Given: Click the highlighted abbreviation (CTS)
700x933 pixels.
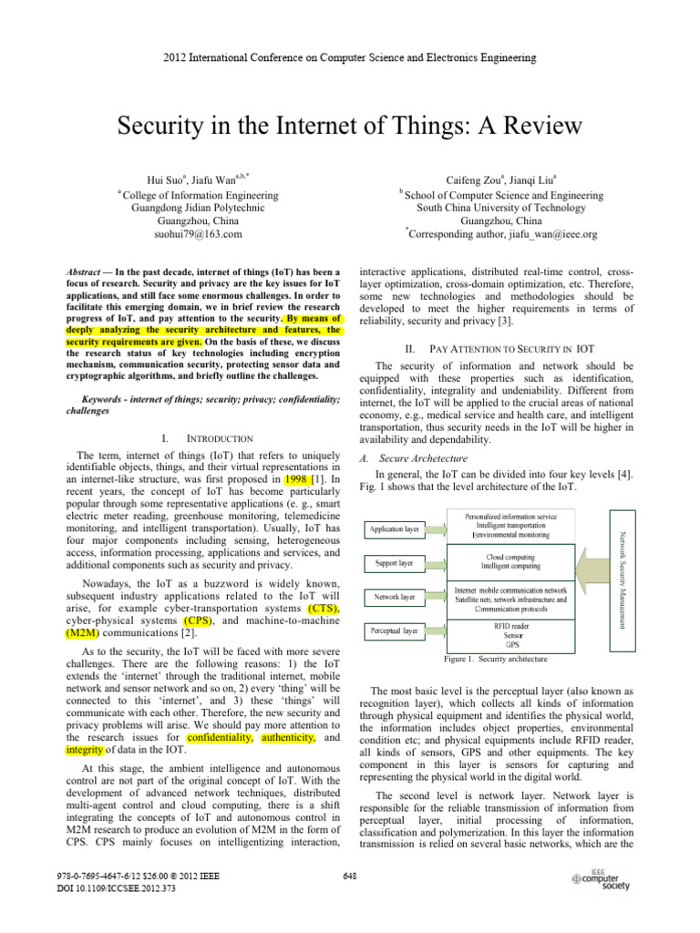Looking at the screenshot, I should (324, 608).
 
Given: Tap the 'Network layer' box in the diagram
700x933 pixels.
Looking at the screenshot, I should (395, 598).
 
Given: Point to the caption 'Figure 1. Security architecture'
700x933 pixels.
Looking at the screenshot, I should (494, 658).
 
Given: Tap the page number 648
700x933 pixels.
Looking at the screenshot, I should (349, 877).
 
